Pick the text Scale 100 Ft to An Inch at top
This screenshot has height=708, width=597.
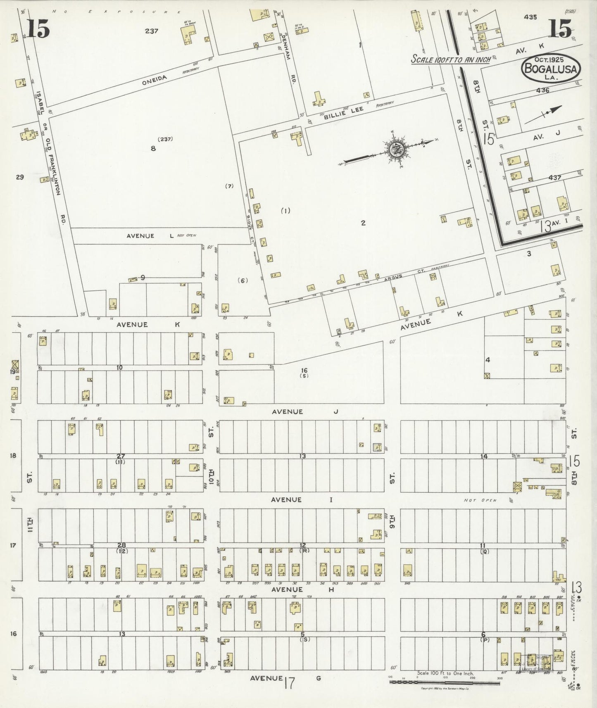tap(450, 59)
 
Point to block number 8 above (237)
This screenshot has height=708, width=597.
tap(153, 149)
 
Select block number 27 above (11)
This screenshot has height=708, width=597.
tap(121, 456)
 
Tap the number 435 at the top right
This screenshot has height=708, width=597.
tap(530, 17)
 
